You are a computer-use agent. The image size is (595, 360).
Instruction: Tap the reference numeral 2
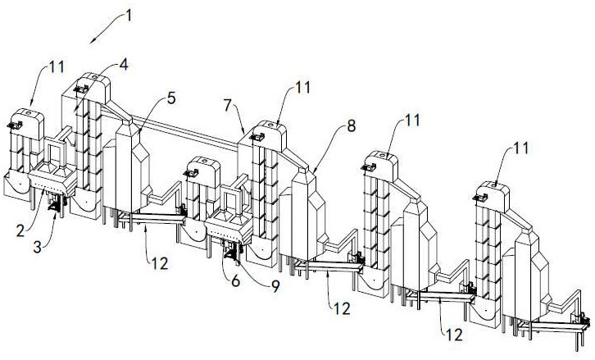(x=20, y=230)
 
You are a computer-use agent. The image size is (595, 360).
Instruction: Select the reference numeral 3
(x=37, y=247)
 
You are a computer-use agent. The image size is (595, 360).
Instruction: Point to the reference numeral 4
(x=123, y=65)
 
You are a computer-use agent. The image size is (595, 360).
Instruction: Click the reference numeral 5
(x=171, y=98)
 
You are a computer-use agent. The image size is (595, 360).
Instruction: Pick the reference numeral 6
(x=235, y=281)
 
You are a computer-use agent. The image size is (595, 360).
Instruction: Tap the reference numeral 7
(x=228, y=105)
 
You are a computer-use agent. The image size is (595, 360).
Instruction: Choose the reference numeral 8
(x=352, y=125)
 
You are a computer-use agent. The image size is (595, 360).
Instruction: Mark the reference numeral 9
(x=275, y=285)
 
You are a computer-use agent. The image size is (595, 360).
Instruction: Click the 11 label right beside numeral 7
(x=302, y=88)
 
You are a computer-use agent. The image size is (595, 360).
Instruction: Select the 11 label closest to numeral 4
(x=57, y=67)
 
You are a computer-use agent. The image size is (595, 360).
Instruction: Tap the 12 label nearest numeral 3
(x=159, y=263)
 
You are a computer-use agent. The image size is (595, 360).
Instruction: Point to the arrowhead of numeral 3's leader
(x=57, y=216)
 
